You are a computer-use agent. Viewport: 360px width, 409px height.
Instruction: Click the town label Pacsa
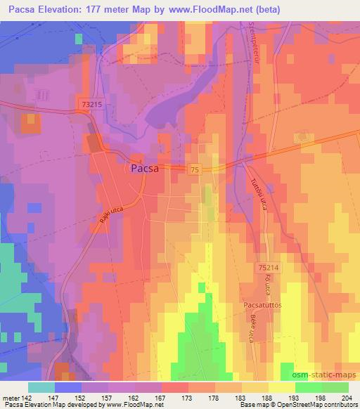[145, 169]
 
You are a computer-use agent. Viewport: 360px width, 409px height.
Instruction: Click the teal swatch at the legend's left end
[41, 387]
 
